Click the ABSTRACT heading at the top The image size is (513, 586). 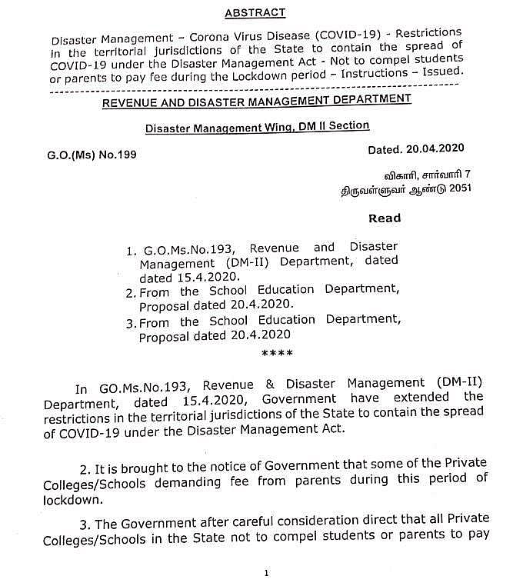tap(255, 12)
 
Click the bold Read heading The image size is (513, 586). tap(384, 218)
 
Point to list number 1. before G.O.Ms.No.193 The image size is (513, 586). tap(132, 251)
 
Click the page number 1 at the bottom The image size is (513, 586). tap(265, 573)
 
